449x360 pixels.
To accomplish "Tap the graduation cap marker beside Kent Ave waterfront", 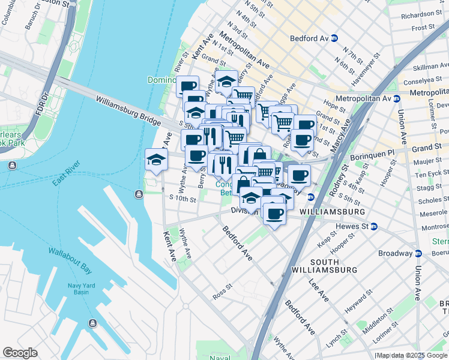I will point(156,160).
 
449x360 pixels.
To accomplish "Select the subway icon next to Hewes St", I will point(374,226).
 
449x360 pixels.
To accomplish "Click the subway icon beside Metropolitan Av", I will point(397,98).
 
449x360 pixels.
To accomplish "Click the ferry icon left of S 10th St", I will point(139,194).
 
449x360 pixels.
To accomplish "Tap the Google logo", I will point(20,352).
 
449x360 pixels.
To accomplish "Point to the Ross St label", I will point(222,292).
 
